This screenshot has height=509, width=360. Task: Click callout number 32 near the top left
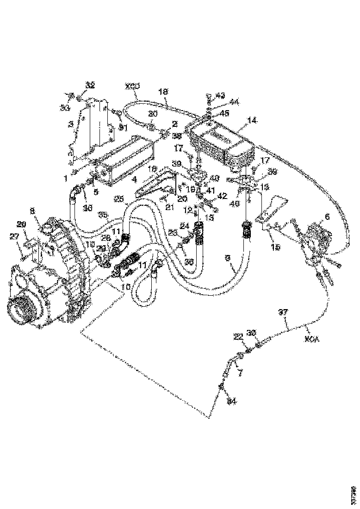point(90,86)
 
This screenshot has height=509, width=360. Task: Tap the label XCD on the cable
point(132,87)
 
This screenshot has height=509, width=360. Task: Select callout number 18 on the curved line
point(163,92)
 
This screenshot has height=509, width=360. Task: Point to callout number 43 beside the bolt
point(220,95)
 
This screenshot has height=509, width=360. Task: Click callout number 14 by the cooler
point(252,119)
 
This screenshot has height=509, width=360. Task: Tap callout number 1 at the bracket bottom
point(66,177)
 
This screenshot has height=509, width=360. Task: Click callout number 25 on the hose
point(119,199)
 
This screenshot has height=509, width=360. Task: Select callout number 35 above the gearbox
point(104,215)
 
